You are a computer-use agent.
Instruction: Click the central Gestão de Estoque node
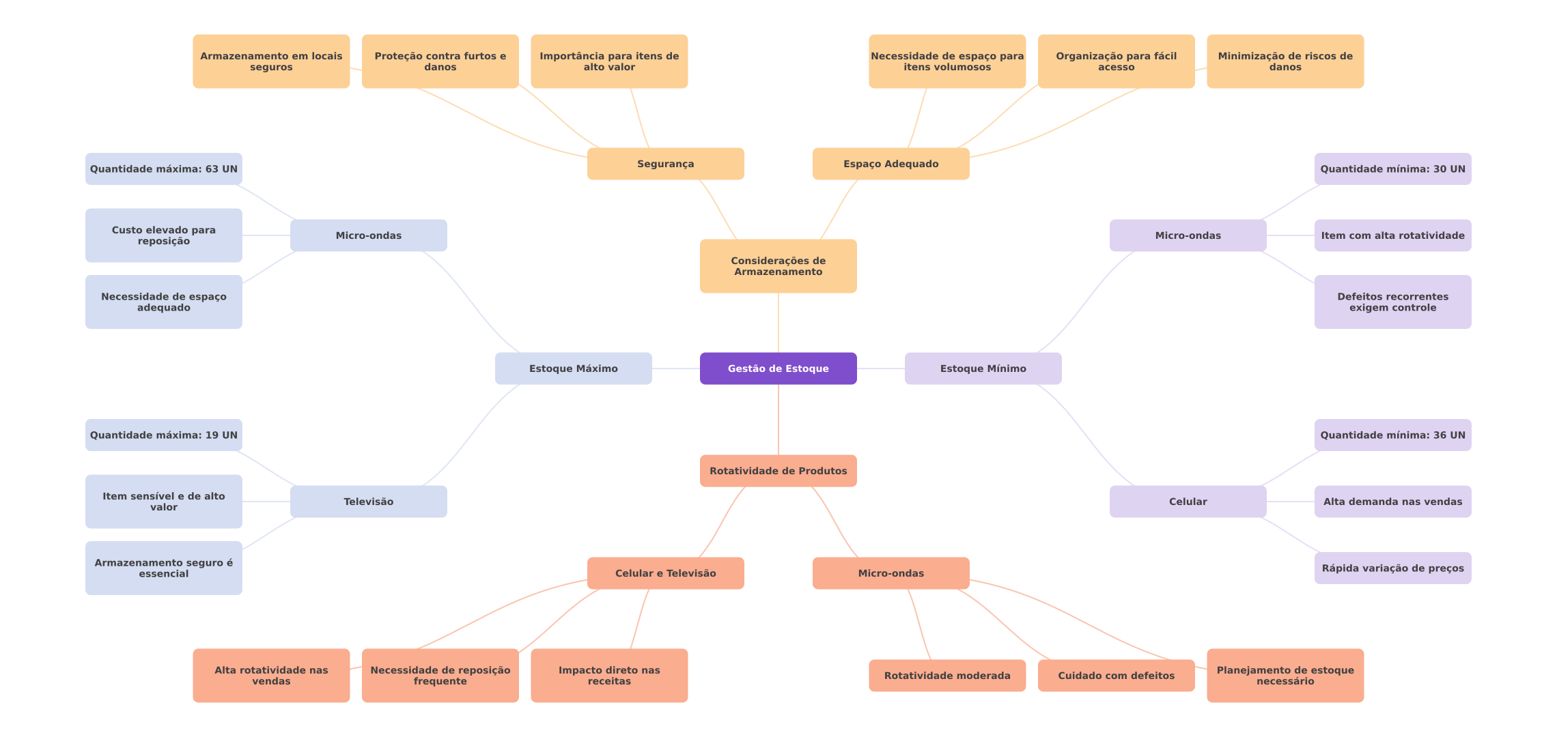[778, 369]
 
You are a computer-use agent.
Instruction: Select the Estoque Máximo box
[573, 369]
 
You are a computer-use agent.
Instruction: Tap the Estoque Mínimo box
[983, 369]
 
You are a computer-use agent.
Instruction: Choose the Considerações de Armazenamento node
[778, 266]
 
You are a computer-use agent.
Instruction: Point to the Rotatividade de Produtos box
[778, 471]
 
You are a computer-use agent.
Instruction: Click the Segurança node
[665, 164]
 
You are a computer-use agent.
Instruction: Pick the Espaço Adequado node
[890, 164]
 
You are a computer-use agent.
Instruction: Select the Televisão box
[368, 502]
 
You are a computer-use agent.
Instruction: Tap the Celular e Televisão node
[665, 573]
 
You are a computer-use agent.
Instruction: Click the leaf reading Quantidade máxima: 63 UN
[163, 169]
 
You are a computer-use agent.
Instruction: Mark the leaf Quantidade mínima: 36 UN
[1392, 435]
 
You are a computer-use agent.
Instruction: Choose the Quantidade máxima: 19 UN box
[163, 435]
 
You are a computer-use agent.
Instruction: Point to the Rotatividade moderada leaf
[946, 676]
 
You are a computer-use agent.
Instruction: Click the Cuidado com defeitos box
[1116, 676]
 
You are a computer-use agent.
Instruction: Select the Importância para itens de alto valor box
[609, 61]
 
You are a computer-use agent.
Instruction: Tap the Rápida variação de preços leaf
[1392, 568]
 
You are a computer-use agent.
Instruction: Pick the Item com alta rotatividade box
[1392, 235]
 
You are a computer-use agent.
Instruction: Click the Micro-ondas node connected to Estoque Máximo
[368, 235]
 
